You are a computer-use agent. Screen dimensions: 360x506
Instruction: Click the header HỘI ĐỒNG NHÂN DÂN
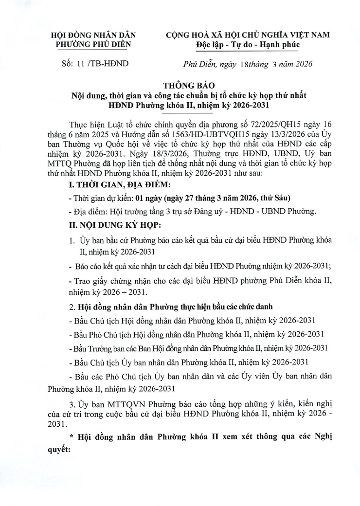[94, 35]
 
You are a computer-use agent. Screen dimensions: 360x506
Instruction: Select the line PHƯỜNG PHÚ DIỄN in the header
[94, 45]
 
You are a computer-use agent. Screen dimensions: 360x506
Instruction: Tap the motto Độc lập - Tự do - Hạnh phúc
[248, 45]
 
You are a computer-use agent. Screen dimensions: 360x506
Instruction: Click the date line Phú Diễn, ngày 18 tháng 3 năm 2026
[247, 64]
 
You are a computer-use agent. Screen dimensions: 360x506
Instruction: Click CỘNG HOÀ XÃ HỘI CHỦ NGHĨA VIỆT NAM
[248, 35]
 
